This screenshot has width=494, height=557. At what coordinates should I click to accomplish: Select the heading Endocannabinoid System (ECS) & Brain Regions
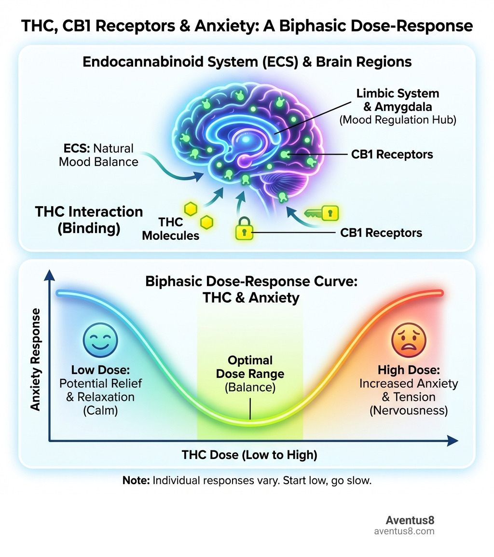pos(247,62)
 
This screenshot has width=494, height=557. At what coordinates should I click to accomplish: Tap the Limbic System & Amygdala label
pos(398,100)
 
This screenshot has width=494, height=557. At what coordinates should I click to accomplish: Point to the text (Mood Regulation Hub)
pos(398,120)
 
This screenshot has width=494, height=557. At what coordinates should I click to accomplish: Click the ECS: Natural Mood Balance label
pos(98,154)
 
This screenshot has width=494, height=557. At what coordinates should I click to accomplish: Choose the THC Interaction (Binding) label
pos(89,220)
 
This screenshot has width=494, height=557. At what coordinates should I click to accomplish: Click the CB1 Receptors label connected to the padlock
pos(381,233)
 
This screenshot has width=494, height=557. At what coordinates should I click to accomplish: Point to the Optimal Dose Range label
pos(250,367)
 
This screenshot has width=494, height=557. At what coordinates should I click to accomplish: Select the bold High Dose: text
pos(408,371)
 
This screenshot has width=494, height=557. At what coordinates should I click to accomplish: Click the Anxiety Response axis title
pos(35,360)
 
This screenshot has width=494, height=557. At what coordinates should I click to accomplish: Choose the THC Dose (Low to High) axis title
pos(249,455)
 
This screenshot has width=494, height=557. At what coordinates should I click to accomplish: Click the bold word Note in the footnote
pos(136,481)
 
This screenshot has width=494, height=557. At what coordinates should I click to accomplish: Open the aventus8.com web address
pos(404,531)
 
